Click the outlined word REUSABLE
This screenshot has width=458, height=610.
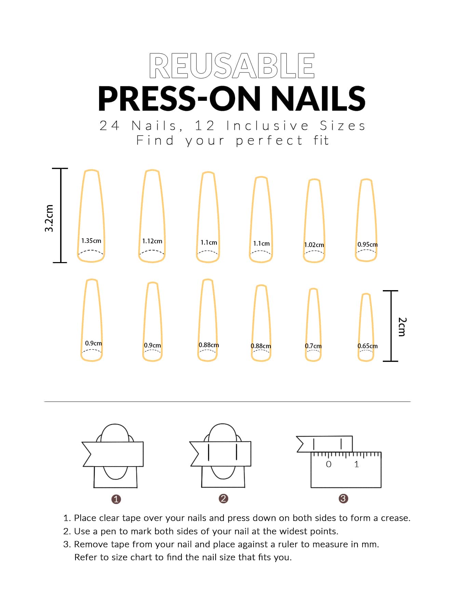[232, 66]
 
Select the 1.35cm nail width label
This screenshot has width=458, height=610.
[91, 241]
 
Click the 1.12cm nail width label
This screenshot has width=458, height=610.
[152, 241]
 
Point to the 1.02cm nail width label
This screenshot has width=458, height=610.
[314, 245]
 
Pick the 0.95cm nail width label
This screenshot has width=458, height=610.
[367, 245]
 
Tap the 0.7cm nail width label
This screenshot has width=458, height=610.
[313, 346]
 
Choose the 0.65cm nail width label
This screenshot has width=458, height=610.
[367, 346]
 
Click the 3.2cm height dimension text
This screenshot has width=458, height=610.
[49, 218]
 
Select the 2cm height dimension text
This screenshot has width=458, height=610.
[402, 327]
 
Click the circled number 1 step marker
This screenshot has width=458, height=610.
[116, 499]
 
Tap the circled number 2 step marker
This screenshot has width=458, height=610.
[223, 499]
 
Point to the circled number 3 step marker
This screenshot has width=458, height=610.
[343, 499]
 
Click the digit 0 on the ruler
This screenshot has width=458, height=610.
[328, 464]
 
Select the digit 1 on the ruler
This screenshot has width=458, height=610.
[356, 464]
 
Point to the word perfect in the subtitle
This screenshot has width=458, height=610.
[269, 140]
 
